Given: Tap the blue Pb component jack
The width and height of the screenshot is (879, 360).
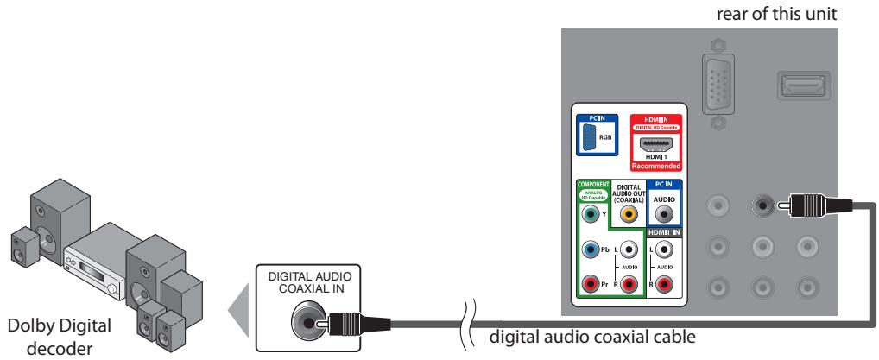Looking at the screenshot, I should coord(590,249).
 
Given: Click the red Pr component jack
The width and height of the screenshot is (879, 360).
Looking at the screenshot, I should coord(590,282).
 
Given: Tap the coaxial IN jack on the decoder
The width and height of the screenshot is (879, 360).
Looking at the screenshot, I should coord(309,325).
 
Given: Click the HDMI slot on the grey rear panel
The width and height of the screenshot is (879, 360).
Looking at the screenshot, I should coord(800,85).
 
